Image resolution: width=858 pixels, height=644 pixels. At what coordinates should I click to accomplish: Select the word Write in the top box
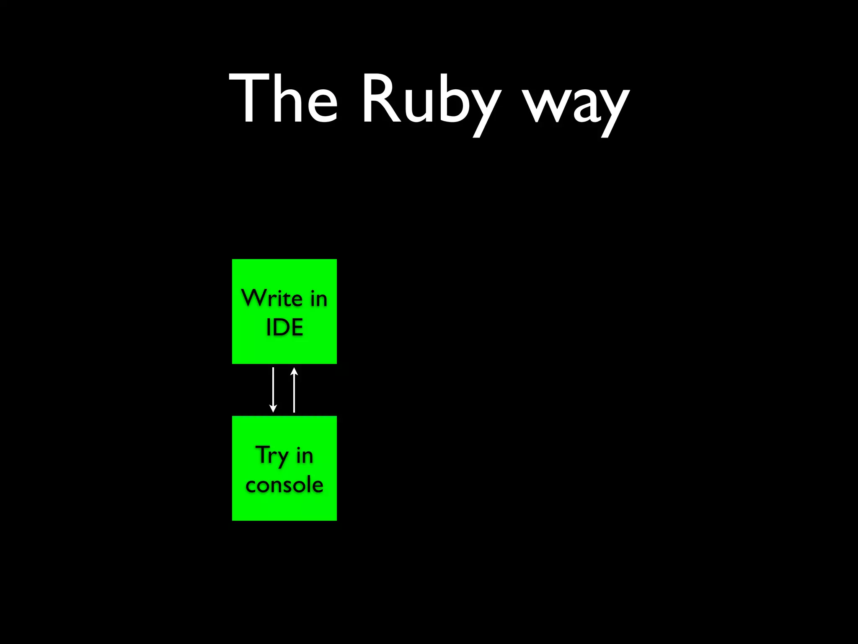pos(272,298)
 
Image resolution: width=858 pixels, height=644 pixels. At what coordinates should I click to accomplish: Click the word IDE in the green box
pos(284,327)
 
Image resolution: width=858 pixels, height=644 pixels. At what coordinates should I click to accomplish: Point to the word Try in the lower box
pos(272,456)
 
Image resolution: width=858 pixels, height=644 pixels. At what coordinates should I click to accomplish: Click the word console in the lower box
pos(284,485)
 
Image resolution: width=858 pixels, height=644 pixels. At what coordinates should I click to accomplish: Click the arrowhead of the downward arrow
pos(273,408)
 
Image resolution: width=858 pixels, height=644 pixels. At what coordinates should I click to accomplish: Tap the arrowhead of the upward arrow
pos(294,371)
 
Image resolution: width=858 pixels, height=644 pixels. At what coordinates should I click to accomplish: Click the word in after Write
pos(319,299)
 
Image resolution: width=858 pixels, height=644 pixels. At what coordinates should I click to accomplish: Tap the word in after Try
pos(305,455)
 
